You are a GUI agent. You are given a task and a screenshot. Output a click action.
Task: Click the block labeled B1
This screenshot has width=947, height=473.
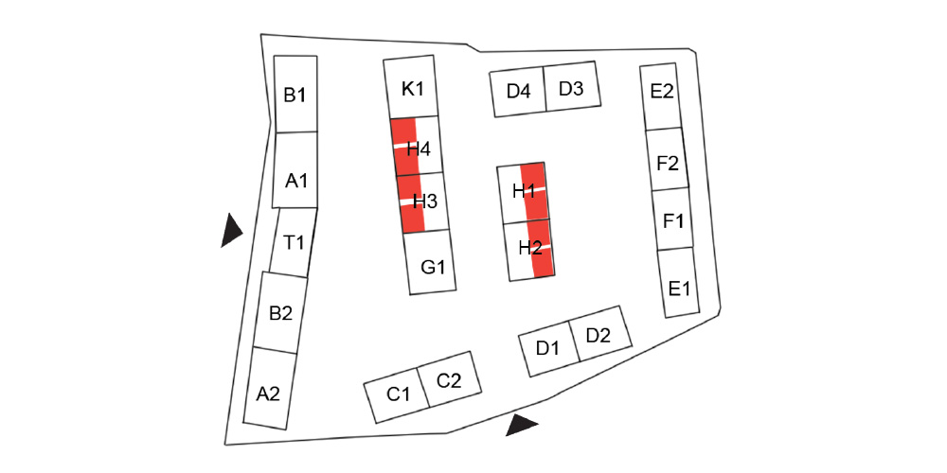pos(295,95)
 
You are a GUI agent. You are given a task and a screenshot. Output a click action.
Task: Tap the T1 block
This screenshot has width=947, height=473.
pos(293,242)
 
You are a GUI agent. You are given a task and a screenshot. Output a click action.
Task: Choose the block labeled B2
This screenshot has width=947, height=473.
pos(280,312)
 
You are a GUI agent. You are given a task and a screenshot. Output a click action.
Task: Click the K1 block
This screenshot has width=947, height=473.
pos(412,89)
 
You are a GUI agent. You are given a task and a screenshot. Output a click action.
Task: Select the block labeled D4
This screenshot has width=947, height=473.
pos(518,93)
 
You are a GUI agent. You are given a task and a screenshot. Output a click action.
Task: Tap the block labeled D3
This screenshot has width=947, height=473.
pos(571,88)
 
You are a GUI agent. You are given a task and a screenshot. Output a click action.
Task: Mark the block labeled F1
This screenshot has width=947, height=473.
pos(673,220)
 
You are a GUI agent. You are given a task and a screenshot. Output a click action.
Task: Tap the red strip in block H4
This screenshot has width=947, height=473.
pos(403,147)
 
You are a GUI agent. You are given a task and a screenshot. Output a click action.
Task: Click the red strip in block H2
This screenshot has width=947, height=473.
pos(541,250)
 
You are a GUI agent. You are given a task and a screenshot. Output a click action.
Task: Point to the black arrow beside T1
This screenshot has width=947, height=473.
pos(230,230)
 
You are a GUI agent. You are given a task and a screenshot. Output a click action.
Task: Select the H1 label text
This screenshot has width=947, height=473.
pos(524,192)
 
